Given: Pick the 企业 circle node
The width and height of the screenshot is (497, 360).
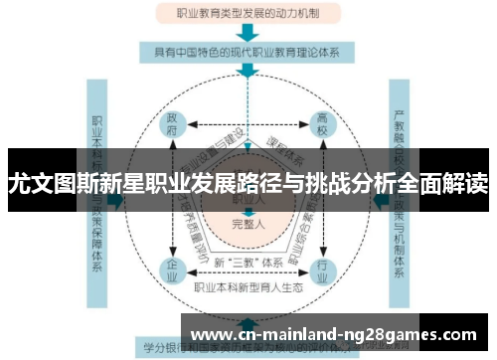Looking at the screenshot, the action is click(x=172, y=269).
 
